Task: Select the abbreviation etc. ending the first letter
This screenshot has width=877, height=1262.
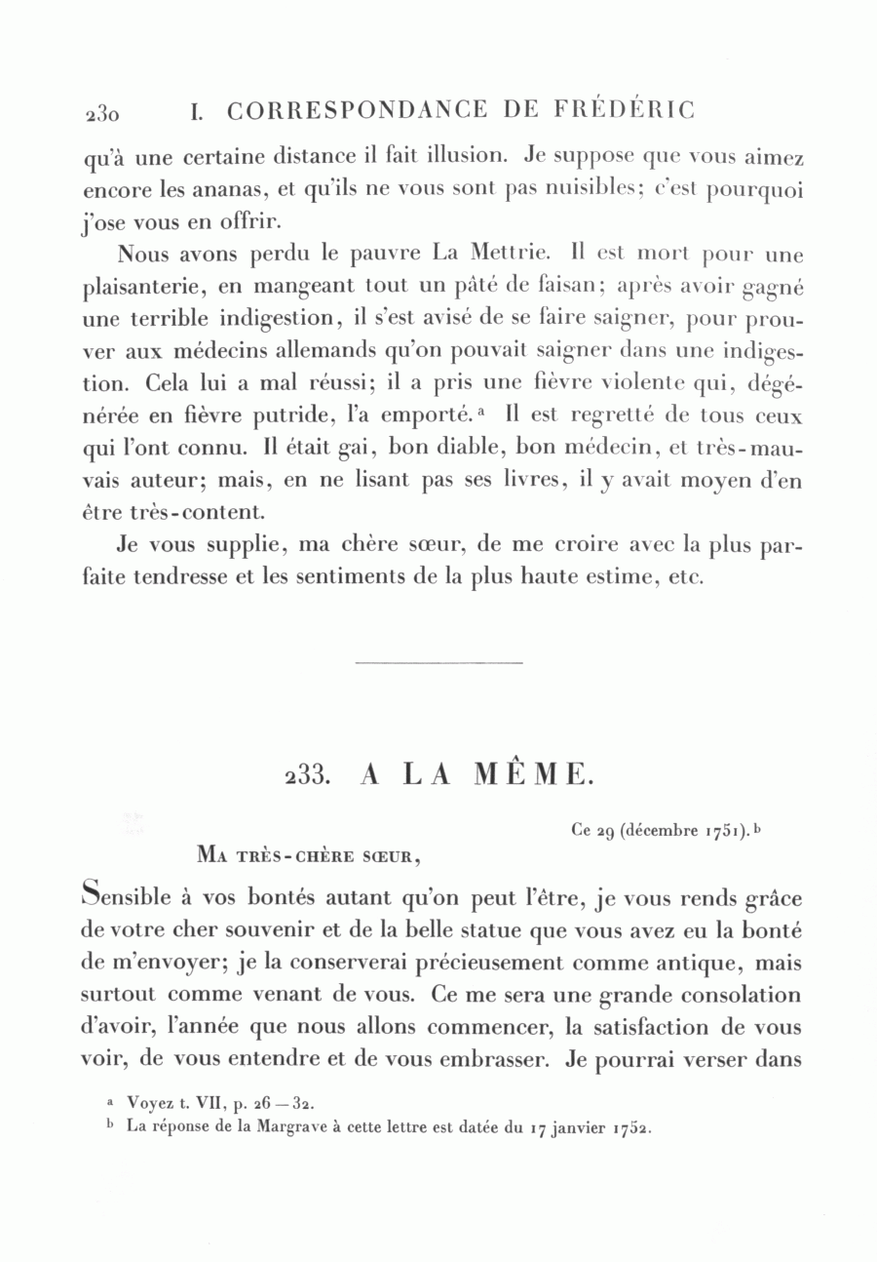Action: [686, 577]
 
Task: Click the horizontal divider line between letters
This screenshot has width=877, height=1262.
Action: [439, 664]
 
